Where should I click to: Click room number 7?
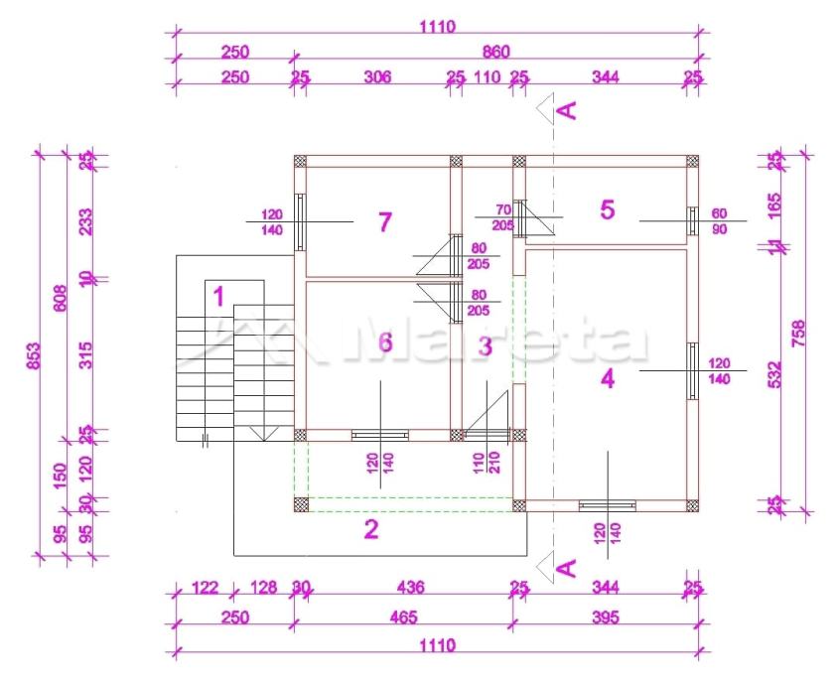point(385,221)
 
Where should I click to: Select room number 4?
point(608,378)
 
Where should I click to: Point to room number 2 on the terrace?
point(371,529)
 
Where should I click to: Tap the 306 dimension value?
point(377,76)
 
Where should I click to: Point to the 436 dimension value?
point(409,588)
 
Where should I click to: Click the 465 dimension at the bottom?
point(402,617)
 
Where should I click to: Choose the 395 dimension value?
point(604,617)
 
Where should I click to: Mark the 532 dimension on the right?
point(775,373)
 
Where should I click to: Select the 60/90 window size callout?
point(719,221)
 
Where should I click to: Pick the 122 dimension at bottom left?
point(204,588)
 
